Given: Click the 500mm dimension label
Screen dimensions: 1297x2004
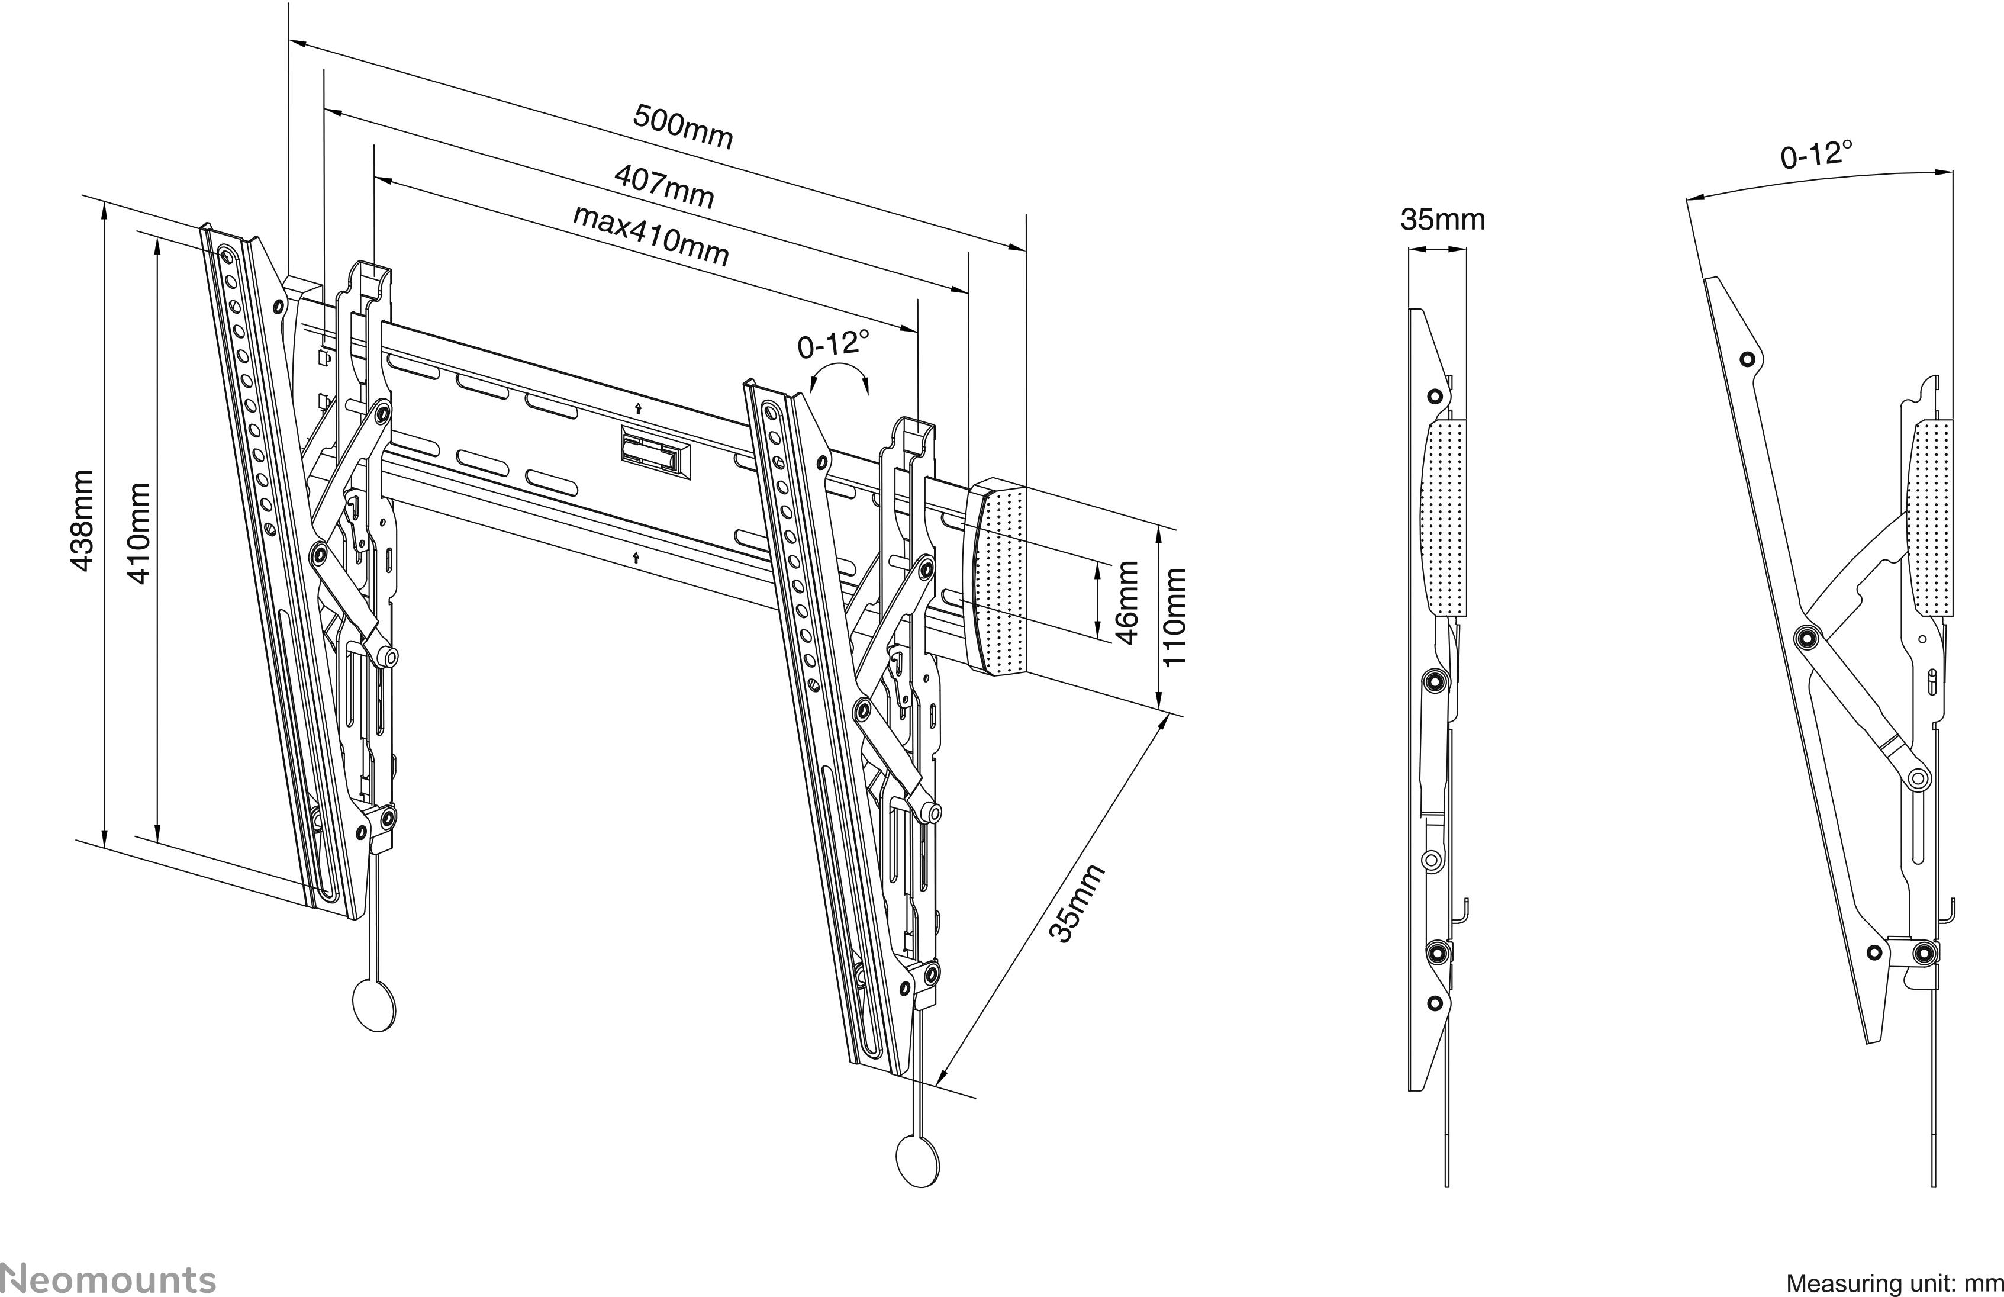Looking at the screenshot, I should click(683, 126).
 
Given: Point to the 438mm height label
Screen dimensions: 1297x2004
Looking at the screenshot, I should click(82, 520).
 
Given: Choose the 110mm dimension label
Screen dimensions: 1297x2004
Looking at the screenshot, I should click(1173, 616).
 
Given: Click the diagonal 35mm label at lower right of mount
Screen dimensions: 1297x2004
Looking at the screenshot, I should click(1075, 904).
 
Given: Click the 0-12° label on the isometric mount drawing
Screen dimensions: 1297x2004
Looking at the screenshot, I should click(833, 343).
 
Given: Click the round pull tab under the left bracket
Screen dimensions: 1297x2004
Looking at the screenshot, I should click(374, 1005).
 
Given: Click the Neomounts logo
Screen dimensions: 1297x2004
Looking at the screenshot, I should click(108, 1279).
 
